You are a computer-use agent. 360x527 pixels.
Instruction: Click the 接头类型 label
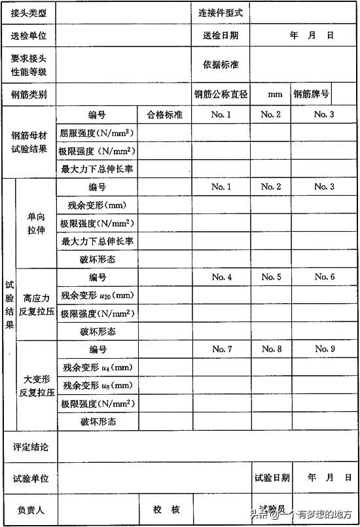pyautogui.click(x=29, y=12)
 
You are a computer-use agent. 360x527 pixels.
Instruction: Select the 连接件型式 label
pyautogui.click(x=221, y=12)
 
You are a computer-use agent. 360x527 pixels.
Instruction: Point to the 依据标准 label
pyautogui.click(x=221, y=65)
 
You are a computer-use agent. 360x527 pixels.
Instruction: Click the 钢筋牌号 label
pyautogui.click(x=312, y=94)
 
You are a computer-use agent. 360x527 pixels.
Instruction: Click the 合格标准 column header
pyautogui.click(x=164, y=115)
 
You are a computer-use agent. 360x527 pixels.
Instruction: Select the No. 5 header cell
pyautogui.click(x=271, y=277)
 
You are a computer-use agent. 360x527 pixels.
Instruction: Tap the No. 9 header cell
pyautogui.click(x=325, y=349)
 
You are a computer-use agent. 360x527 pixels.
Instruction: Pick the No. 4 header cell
pyautogui.click(x=222, y=277)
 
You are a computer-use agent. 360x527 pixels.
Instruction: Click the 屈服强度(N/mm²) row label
pyautogui.click(x=97, y=134)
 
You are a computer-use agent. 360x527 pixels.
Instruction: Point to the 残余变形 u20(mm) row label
pyautogui.click(x=97, y=295)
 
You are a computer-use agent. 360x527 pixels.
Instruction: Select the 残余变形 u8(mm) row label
pyautogui.click(x=97, y=385)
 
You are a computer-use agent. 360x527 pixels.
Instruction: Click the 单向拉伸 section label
pyautogui.click(x=36, y=223)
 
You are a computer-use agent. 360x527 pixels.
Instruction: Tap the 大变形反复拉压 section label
pyautogui.click(x=36, y=385)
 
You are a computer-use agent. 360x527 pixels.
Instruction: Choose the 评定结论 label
pyautogui.click(x=30, y=447)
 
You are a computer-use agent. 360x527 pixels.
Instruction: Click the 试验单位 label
pyautogui.click(x=30, y=479)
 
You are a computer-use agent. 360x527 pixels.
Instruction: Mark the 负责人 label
pyautogui.click(x=30, y=509)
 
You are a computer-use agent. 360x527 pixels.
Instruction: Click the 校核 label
pyautogui.click(x=166, y=509)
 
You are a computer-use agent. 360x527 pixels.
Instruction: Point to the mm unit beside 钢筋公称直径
pyautogui.click(x=275, y=94)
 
